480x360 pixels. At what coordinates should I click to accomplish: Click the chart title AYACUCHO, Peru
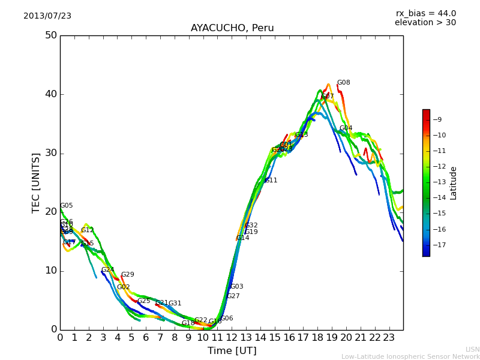click(x=232, y=28)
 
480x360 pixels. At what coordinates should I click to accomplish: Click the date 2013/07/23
click(x=47, y=16)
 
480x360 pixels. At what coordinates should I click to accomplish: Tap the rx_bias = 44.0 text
click(x=425, y=14)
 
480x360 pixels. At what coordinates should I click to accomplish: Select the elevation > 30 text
click(x=425, y=23)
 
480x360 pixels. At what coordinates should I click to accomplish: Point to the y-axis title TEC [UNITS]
click(x=36, y=183)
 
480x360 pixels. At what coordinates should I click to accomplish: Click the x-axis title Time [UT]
click(x=232, y=350)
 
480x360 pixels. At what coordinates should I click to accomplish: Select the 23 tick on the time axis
click(x=389, y=338)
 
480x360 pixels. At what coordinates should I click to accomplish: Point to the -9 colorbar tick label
click(x=437, y=119)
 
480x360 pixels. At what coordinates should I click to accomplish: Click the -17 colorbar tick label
click(x=439, y=245)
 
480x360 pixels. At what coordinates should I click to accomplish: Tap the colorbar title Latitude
click(x=454, y=183)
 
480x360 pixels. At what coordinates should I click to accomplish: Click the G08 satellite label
click(x=343, y=83)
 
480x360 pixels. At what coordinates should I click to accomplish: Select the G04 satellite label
click(x=346, y=128)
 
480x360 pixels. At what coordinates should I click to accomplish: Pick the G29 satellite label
click(x=128, y=275)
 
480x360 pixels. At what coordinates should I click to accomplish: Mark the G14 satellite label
click(x=242, y=238)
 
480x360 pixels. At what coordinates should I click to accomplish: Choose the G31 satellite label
click(x=175, y=304)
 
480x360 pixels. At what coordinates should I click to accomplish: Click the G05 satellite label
click(x=66, y=206)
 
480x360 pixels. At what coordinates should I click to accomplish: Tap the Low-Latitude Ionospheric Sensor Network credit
click(x=410, y=356)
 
